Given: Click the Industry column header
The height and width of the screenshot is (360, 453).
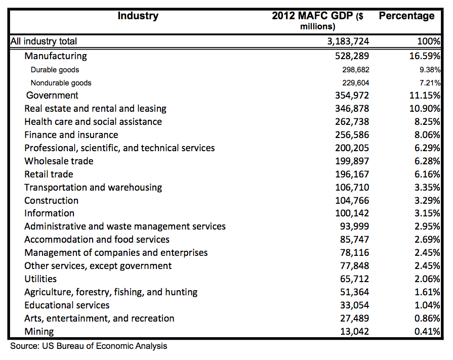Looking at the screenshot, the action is (138, 16).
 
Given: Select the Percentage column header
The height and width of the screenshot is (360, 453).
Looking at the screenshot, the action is (406, 16).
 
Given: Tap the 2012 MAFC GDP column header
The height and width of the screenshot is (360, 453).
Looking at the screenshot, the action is (317, 21).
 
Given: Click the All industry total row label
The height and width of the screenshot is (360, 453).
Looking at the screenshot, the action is (44, 41).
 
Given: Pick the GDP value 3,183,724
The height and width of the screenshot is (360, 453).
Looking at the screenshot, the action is (348, 41).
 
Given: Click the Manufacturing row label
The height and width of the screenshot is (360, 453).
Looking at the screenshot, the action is (56, 56).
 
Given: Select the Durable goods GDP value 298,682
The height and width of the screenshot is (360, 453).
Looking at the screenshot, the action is (356, 70).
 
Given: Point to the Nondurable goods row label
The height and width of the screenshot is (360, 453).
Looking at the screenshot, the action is (61, 83).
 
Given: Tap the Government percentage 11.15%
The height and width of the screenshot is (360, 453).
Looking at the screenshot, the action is (425, 95).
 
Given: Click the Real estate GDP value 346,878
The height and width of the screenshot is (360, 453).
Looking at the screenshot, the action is (352, 109).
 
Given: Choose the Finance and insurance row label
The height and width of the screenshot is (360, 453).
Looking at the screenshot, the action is (71, 135).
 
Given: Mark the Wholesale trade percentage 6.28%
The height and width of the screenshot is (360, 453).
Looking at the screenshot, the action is (427, 161).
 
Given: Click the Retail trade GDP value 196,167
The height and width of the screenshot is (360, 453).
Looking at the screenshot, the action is (352, 174).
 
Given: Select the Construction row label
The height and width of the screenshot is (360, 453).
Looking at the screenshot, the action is (51, 201).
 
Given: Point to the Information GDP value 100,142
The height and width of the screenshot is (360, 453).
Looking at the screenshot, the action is (352, 213).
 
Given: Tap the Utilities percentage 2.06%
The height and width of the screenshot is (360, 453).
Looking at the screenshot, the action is (427, 279).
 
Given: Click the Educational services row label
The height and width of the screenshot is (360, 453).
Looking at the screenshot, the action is (67, 305).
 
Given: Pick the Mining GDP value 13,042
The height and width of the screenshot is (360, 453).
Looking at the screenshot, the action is (354, 331).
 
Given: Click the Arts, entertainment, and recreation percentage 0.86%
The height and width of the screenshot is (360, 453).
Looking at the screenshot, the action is (427, 319).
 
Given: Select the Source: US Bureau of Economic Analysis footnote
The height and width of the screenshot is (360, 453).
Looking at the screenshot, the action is (89, 346).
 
